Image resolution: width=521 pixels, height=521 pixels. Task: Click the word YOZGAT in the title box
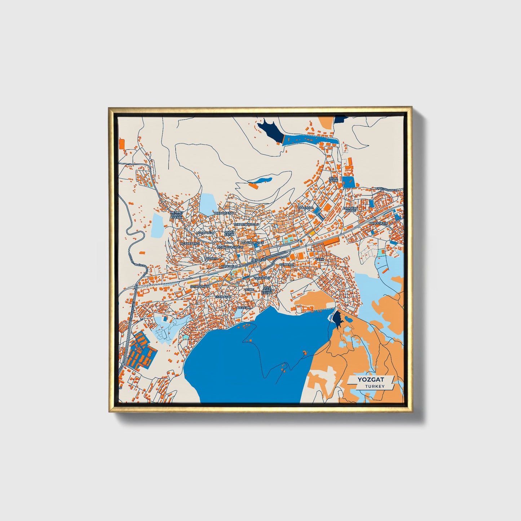371,379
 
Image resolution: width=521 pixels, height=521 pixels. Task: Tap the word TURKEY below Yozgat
374,386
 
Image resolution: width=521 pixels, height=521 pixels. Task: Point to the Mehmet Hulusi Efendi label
177,215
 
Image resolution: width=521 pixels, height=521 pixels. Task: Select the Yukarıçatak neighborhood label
224,213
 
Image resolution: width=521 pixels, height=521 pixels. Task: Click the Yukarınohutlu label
246,224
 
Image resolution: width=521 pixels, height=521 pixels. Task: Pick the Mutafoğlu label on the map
205,233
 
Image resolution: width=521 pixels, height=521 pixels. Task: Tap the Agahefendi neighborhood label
190,244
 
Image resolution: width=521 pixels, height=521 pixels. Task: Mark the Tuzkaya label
211,259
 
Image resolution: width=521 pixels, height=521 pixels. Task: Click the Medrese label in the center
258,260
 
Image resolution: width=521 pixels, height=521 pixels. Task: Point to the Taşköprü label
262,278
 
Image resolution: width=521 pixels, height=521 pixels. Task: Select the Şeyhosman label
199,286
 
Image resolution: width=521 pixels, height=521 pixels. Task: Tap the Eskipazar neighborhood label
223,297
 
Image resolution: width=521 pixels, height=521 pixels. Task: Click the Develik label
244,308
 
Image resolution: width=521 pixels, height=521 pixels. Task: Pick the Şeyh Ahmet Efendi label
267,291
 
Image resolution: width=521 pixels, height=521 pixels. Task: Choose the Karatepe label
305,208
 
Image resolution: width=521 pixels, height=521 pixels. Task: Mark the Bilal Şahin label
333,179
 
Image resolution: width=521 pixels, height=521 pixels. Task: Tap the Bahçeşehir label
378,223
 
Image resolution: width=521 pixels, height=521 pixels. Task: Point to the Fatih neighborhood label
320,259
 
